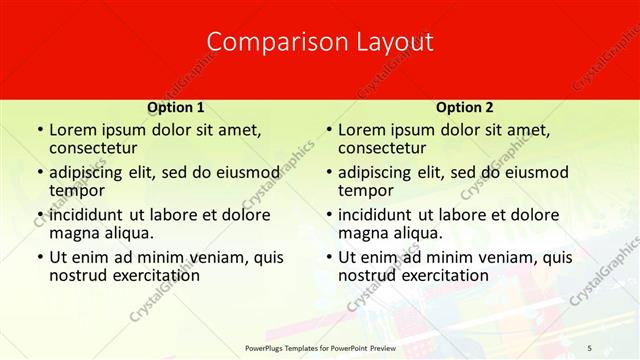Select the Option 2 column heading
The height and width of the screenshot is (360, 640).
click(x=464, y=107)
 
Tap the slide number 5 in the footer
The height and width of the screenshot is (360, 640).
click(x=590, y=347)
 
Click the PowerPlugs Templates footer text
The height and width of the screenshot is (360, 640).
click(x=319, y=347)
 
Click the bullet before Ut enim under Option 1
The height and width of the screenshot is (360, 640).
click(x=38, y=257)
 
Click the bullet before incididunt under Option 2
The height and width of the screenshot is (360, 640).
click(x=327, y=215)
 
